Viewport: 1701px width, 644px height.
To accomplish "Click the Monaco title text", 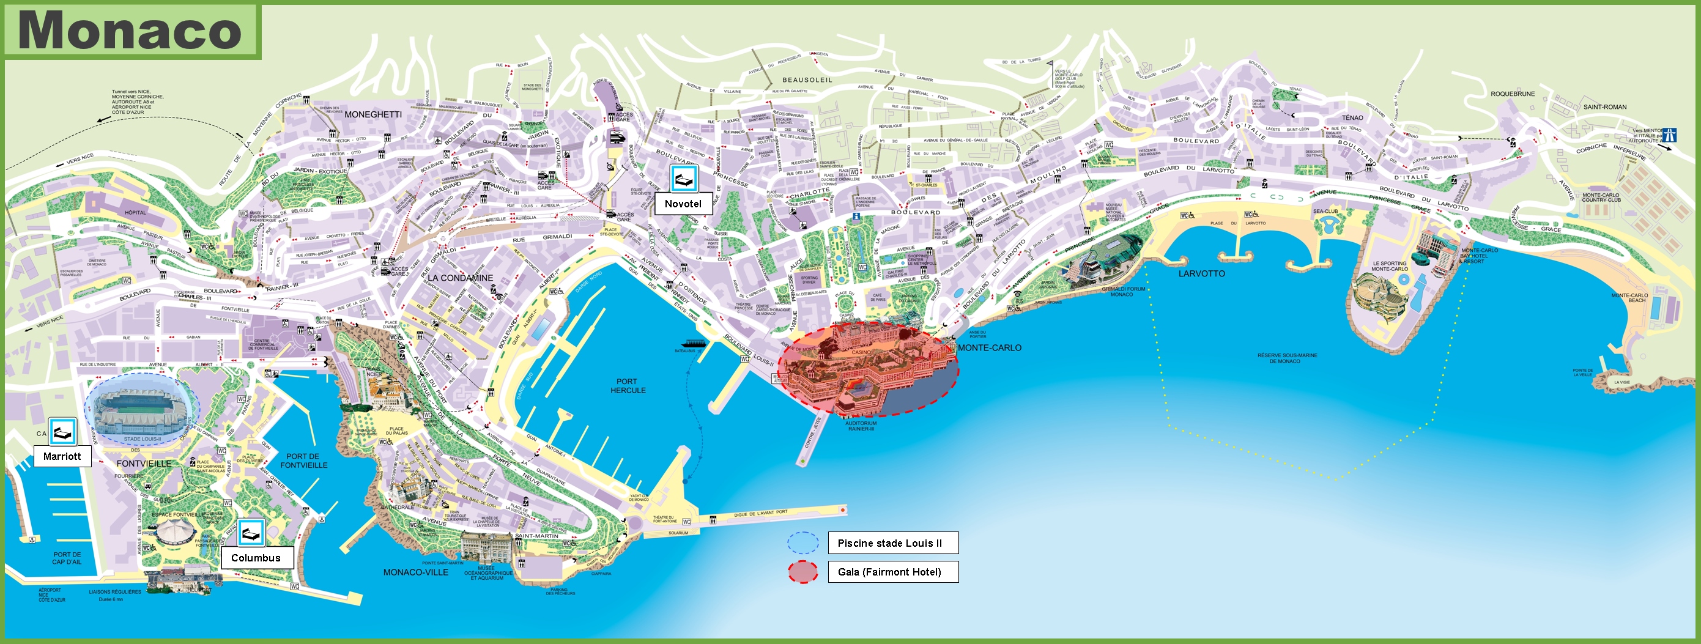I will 131,31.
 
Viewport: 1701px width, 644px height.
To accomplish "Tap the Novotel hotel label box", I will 683,204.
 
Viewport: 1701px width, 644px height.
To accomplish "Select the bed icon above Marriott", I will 63,432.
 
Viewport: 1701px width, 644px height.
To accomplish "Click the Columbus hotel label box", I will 256,558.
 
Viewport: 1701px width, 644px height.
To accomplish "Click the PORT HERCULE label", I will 628,386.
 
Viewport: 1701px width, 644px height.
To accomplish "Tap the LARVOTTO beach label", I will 1201,273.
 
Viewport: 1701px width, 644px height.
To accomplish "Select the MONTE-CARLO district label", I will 989,347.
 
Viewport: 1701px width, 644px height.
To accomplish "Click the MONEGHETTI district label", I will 372,114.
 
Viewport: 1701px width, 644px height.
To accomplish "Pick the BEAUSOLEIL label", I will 807,80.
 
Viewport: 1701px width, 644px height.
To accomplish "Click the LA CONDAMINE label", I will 459,278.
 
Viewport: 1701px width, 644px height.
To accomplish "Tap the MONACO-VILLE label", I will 415,572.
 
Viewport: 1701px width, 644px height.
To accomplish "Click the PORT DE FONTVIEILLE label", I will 303,461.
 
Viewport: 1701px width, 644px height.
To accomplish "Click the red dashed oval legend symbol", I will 802,572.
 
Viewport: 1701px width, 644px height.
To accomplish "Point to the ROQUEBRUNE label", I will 1512,94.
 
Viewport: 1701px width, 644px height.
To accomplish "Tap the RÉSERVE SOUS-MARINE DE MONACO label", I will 1287,358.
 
